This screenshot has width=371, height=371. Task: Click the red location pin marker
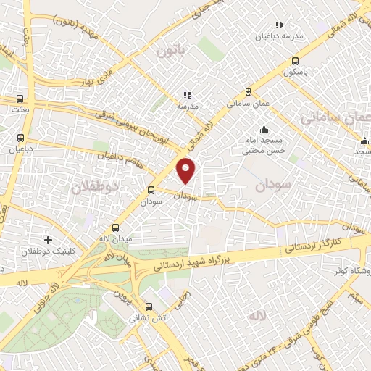(x=187, y=170)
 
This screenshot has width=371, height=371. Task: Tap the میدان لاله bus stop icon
(x=115, y=228)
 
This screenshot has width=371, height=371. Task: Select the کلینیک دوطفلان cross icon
(x=48, y=239)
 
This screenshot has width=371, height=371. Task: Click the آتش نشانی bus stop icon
(x=149, y=307)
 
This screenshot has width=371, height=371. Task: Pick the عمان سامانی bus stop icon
(x=249, y=92)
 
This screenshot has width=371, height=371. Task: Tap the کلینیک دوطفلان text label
(x=38, y=251)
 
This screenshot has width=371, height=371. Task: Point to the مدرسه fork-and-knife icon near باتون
(x=187, y=95)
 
